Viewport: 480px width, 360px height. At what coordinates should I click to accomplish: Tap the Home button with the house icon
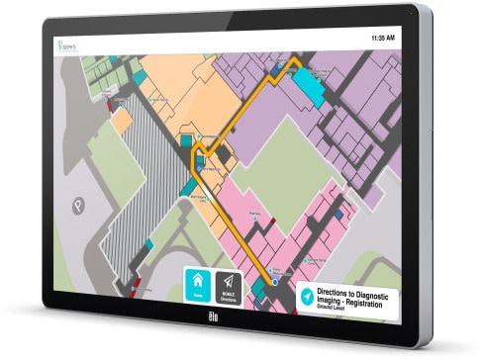(198, 285)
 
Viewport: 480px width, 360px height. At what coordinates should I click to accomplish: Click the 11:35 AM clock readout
(382, 38)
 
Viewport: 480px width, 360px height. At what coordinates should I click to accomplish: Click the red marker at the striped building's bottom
(124, 289)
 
